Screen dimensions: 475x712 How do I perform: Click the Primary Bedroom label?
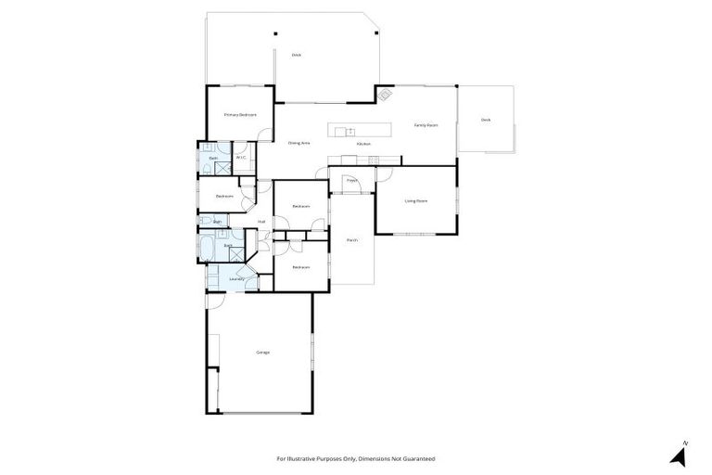click(240, 114)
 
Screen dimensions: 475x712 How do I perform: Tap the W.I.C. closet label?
click(240, 158)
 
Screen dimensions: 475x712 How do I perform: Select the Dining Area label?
click(299, 143)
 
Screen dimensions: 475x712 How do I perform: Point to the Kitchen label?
click(363, 144)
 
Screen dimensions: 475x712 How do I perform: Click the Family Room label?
click(426, 124)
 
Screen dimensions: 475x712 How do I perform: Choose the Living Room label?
click(415, 200)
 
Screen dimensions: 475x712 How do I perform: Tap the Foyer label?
click(352, 180)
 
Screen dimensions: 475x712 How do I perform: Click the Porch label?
click(352, 240)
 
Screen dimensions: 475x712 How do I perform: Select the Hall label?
click(262, 222)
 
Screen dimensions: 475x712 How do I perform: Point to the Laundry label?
click(236, 277)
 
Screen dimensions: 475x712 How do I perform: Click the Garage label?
click(263, 352)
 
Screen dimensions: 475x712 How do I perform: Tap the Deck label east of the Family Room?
click(486, 120)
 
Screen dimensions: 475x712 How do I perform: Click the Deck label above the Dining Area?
click(297, 55)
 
